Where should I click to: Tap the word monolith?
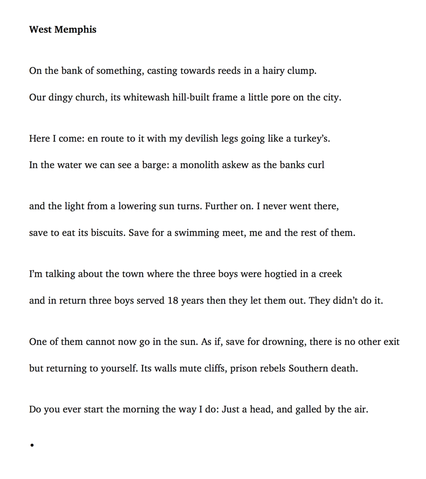200,165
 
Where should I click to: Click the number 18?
173,301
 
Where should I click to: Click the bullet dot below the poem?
32,445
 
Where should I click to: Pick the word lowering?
137,206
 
